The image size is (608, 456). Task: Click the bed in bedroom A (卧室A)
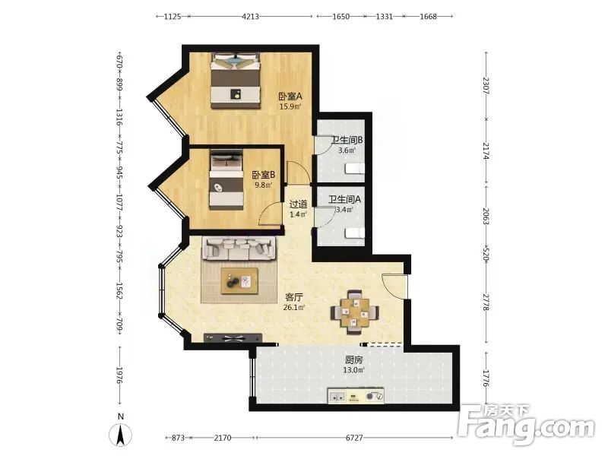coord(235,81)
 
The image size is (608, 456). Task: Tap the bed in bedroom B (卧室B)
coord(226,180)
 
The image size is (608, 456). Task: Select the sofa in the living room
coord(239,249)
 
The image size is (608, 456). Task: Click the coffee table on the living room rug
coord(239,280)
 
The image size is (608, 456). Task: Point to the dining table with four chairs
coord(354,312)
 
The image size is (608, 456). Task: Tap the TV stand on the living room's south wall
coord(233,338)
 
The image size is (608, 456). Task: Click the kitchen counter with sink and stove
coord(356,396)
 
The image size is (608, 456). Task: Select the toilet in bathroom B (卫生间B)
coord(355,169)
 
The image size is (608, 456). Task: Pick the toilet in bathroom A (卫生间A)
coord(355,233)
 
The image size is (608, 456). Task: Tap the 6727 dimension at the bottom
coord(354,438)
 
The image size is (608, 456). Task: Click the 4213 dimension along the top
coord(250,16)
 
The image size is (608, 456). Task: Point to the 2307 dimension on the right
coord(486,85)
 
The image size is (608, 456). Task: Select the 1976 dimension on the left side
coord(120,375)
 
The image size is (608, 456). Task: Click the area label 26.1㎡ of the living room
coord(294,308)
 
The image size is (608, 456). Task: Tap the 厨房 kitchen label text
coord(353,359)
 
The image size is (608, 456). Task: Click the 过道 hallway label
coord(298,204)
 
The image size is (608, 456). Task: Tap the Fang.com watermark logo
coord(526,425)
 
